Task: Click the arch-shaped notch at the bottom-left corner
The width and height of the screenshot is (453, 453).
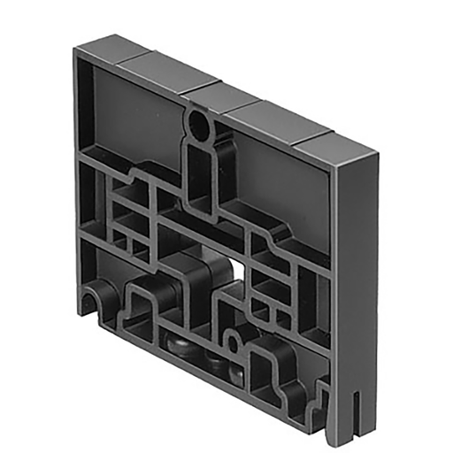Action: click(96, 302)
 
